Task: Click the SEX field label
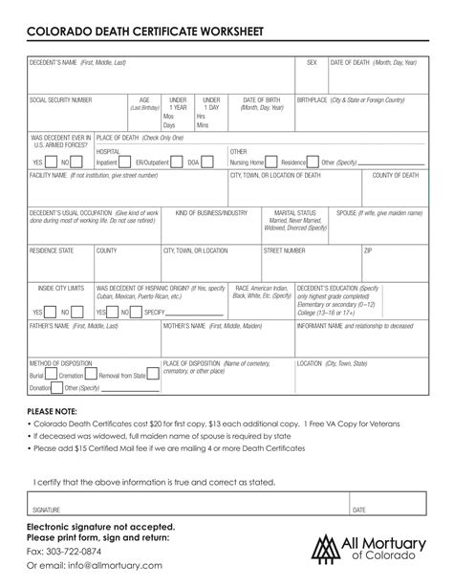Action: point(312,62)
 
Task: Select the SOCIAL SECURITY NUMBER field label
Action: point(60,99)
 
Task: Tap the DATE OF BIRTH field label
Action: point(261,99)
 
